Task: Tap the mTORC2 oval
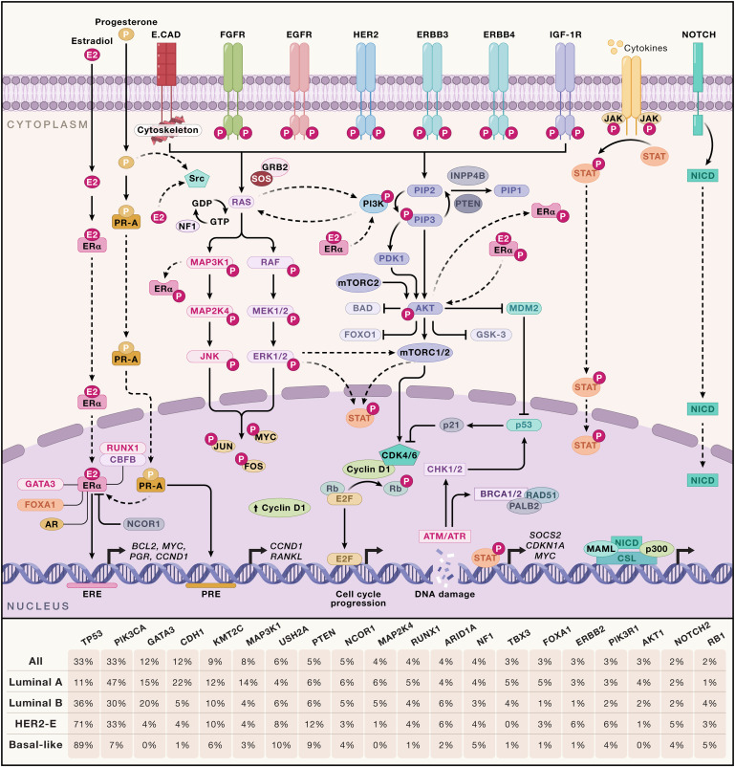[x=357, y=282]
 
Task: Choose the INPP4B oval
[x=474, y=175]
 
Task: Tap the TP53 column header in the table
[x=92, y=634]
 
